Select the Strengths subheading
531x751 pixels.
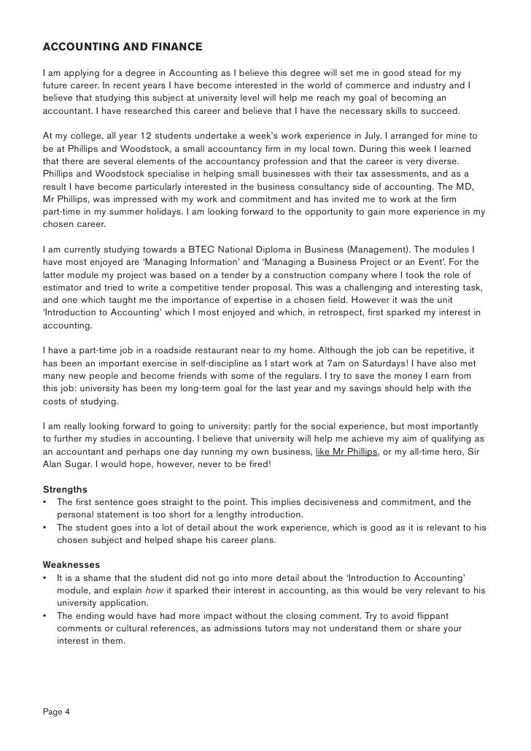(x=65, y=488)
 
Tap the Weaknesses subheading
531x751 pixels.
(x=71, y=564)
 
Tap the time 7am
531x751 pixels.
(x=297, y=363)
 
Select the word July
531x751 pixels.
(x=371, y=136)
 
